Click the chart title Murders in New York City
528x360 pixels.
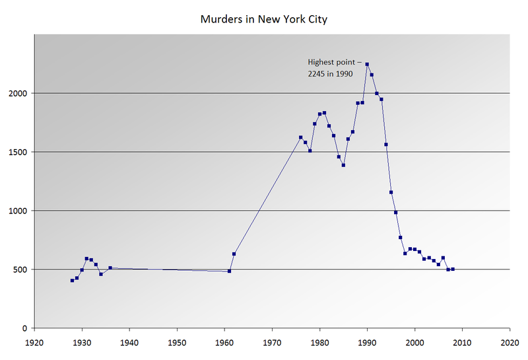(263, 19)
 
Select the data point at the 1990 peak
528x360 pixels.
(367, 64)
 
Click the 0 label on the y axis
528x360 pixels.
(25, 328)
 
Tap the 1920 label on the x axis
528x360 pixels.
(34, 343)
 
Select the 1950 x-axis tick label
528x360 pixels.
(177, 343)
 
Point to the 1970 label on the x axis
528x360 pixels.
(272, 343)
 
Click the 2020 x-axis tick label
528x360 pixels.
(510, 343)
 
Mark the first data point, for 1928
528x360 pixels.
(73, 281)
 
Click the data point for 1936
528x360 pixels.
(110, 268)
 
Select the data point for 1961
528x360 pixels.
(229, 271)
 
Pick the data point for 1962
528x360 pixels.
(234, 254)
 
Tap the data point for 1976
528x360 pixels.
(300, 137)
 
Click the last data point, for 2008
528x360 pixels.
(453, 269)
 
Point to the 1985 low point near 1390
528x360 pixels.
(343, 165)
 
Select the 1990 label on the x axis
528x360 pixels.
(367, 343)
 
